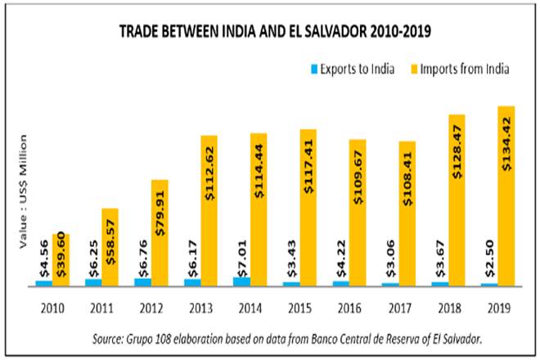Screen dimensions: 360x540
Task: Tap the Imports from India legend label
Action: pyautogui.click(x=464, y=69)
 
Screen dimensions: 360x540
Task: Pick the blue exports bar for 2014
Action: pyautogui.click(x=241, y=281)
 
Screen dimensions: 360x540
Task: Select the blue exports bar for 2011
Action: pyautogui.click(x=93, y=282)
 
